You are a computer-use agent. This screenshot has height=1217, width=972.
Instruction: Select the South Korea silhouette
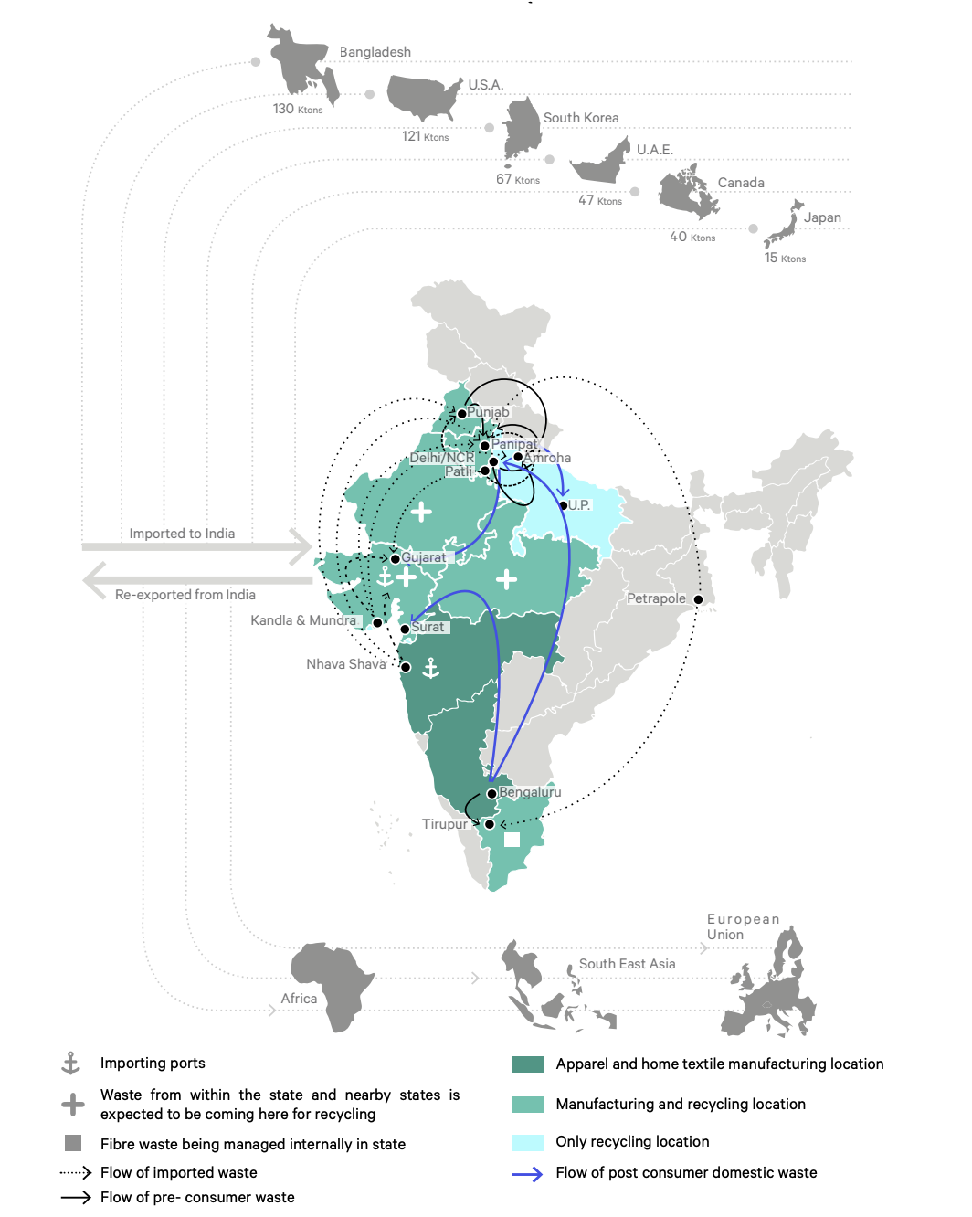tap(523, 128)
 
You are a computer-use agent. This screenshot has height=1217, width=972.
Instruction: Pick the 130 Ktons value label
tap(298, 110)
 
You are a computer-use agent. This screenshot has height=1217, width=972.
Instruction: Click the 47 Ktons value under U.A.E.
tap(600, 200)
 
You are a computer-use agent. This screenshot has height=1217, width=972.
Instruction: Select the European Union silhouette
tap(773, 990)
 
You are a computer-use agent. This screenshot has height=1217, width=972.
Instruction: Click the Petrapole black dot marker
tap(699, 600)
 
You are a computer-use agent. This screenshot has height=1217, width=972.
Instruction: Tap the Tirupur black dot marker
tap(490, 824)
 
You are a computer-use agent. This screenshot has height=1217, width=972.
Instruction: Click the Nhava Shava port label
tap(346, 664)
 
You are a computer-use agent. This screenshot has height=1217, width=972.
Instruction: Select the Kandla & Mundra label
tap(303, 620)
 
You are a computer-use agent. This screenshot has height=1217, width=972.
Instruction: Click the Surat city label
tap(428, 627)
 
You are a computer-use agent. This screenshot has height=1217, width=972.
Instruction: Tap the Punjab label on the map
tap(488, 412)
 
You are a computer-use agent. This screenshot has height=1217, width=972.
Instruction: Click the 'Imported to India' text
tap(182, 534)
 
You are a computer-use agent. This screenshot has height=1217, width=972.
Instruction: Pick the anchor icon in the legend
tap(70, 1063)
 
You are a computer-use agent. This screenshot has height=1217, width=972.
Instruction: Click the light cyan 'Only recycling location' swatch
tap(528, 1142)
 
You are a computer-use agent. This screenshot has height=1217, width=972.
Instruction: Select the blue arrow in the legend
tap(528, 1174)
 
